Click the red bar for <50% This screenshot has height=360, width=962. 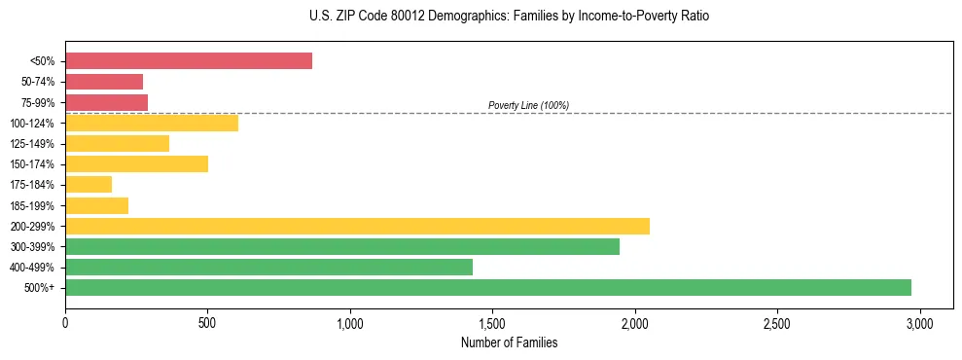pyautogui.click(x=189, y=60)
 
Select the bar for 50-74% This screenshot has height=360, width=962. pyautogui.click(x=104, y=82)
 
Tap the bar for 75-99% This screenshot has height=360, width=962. pyautogui.click(x=106, y=102)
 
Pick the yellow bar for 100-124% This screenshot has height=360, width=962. pyautogui.click(x=152, y=123)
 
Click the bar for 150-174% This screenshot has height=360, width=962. pyautogui.click(x=136, y=163)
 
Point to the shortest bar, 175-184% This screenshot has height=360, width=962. pyautogui.click(x=89, y=184)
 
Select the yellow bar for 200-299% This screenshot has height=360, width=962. pyautogui.click(x=357, y=226)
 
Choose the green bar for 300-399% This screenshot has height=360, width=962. pyautogui.click(x=342, y=246)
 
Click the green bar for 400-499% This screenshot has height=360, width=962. pyautogui.click(x=268, y=267)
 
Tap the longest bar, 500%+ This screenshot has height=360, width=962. pyautogui.click(x=488, y=287)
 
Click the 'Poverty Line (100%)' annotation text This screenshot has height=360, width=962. pyautogui.click(x=528, y=105)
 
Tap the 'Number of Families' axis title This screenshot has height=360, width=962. pyautogui.click(x=509, y=342)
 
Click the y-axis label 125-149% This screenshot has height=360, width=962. pyautogui.click(x=32, y=144)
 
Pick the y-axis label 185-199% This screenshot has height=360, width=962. pyautogui.click(x=32, y=205)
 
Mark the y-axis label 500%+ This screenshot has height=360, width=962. pyautogui.click(x=40, y=288)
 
